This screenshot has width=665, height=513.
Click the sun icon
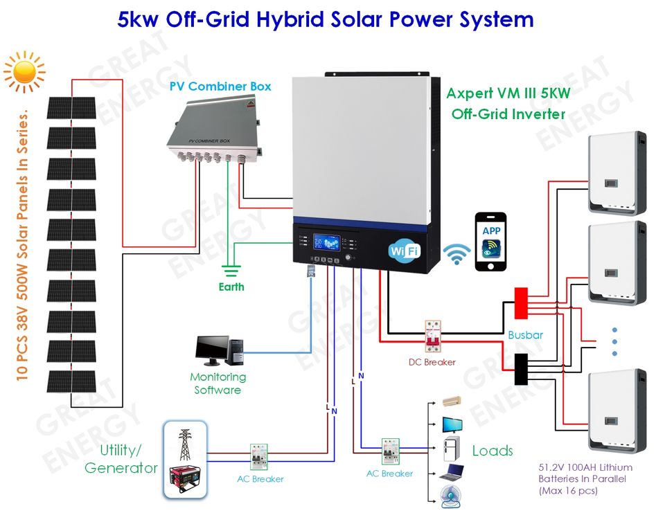(24, 71)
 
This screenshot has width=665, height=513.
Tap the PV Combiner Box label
(220, 87)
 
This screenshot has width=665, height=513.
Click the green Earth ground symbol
(231, 271)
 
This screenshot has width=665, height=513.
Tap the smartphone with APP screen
(490, 242)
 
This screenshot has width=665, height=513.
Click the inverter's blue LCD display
(326, 242)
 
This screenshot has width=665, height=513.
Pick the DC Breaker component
(433, 336)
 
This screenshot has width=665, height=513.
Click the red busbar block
(521, 303)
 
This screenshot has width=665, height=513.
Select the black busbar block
(521, 369)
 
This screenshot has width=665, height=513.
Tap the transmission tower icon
(185, 444)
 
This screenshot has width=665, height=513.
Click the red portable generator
(185, 478)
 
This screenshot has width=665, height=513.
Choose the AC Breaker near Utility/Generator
(258, 457)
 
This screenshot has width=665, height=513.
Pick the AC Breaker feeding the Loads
(391, 451)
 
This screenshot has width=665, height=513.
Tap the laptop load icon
(452, 473)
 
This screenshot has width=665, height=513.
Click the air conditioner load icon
(452, 401)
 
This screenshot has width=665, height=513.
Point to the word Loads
(493, 451)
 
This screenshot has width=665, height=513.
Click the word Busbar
(526, 335)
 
